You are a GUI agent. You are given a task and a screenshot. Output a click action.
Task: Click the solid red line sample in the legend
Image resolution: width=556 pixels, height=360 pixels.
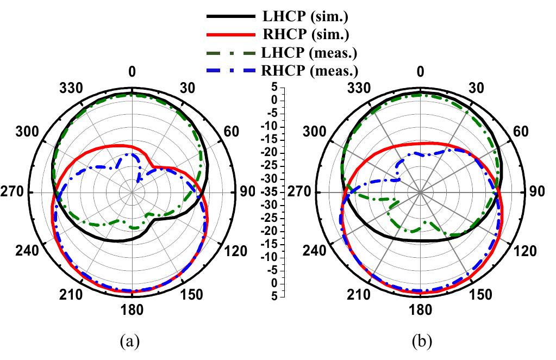[x=230, y=35]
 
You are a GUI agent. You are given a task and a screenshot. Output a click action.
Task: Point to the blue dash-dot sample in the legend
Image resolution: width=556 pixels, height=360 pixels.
[x=230, y=70]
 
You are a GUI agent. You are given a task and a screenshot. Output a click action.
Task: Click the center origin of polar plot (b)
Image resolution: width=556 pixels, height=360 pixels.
[x=420, y=193]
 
